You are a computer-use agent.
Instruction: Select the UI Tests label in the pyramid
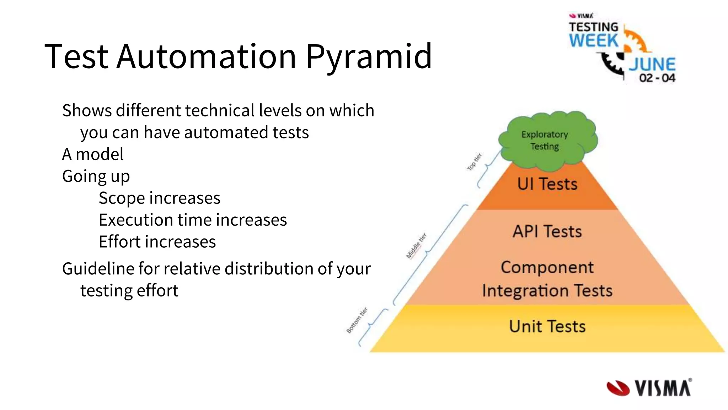pyautogui.click(x=547, y=184)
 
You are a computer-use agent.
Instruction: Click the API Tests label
pyautogui.click(x=547, y=232)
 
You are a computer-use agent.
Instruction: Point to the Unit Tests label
pyautogui.click(x=547, y=326)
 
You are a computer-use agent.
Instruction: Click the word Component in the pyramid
pyautogui.click(x=547, y=268)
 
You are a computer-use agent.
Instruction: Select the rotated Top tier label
pyautogui.click(x=474, y=162)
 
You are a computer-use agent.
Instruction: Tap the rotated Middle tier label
pyautogui.click(x=416, y=246)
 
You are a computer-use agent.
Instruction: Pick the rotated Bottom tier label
pyautogui.click(x=357, y=320)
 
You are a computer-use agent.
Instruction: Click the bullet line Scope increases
pyautogui.click(x=159, y=198)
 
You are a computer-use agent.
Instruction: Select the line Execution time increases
pyautogui.click(x=193, y=220)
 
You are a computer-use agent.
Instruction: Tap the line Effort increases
pyautogui.click(x=157, y=242)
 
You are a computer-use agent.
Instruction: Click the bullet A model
pyautogui.click(x=93, y=154)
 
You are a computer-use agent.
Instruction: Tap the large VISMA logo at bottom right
pyautogui.click(x=649, y=388)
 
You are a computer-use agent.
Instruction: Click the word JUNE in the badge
pyautogui.click(x=652, y=65)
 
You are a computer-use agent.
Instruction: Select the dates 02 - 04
pyautogui.click(x=657, y=78)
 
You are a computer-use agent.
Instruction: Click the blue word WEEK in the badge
pyautogui.click(x=593, y=40)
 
